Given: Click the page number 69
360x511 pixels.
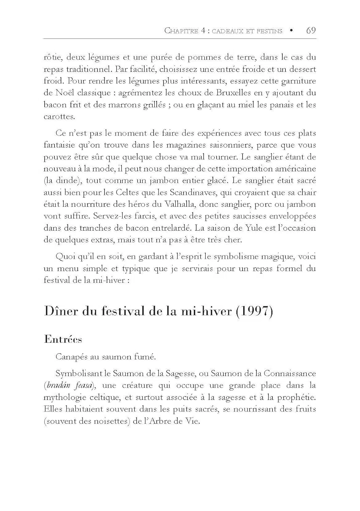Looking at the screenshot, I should pyautogui.click(x=311, y=31).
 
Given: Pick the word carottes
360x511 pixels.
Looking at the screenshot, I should pyautogui.click(x=59, y=117).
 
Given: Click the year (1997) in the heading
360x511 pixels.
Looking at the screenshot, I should pyautogui.click(x=254, y=312).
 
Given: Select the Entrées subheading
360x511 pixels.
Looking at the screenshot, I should pyautogui.click(x=63, y=340).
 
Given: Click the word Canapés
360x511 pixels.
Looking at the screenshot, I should pyautogui.click(x=71, y=357).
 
